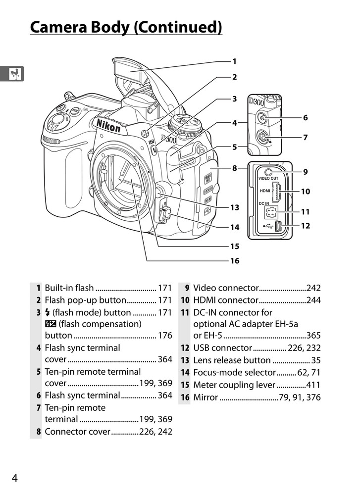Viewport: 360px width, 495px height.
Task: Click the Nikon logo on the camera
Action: (108, 125)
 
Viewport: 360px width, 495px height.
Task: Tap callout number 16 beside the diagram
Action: (234, 260)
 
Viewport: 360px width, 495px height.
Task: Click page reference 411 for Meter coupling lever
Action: (313, 385)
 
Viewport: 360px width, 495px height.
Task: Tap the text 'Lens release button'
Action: (232, 360)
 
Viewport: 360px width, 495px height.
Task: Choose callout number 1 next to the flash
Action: (234, 61)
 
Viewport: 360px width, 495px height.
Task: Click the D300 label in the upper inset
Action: (257, 102)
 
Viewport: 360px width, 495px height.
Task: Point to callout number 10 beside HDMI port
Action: (305, 191)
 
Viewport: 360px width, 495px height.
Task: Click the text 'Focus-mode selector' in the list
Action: (234, 372)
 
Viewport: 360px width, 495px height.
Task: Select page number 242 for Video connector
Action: (313, 288)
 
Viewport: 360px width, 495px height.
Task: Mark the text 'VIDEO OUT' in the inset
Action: (268, 178)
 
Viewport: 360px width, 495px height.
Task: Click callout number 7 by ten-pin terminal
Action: (305, 138)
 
